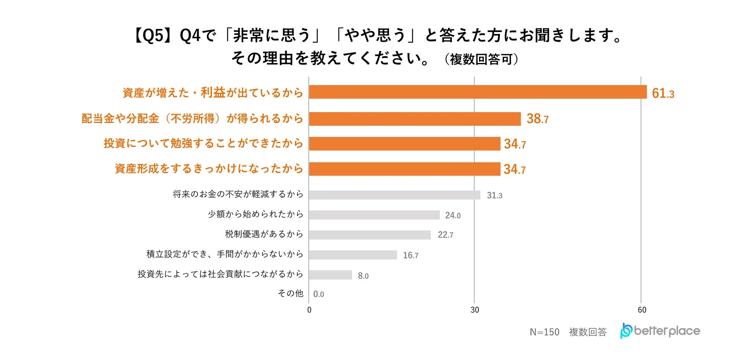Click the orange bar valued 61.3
coord(478,92)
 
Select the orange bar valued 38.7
coord(415,119)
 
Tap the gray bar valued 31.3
coord(394,195)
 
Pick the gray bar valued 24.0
coord(374,215)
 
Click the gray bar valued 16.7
coord(353,255)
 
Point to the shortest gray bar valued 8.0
coord(330,275)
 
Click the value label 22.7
coord(445,235)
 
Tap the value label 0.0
coord(319,294)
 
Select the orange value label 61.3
coord(663,93)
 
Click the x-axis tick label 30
coord(474,310)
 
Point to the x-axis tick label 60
coord(642,310)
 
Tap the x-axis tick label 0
coord(309,310)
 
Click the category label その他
coord(290,293)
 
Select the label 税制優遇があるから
coord(264,234)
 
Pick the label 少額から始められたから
coord(256,214)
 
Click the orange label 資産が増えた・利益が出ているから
coord(213,93)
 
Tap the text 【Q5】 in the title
coord(153,36)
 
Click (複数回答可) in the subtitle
coord(481,59)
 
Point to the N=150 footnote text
coord(544,332)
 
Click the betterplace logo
coord(660,331)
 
